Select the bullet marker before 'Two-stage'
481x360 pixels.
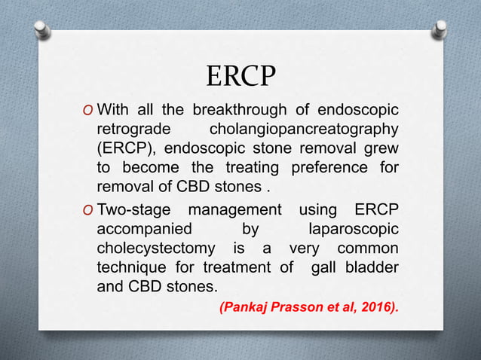[x=90, y=208]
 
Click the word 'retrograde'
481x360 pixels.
[x=132, y=131]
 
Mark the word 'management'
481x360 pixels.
[x=237, y=208]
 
